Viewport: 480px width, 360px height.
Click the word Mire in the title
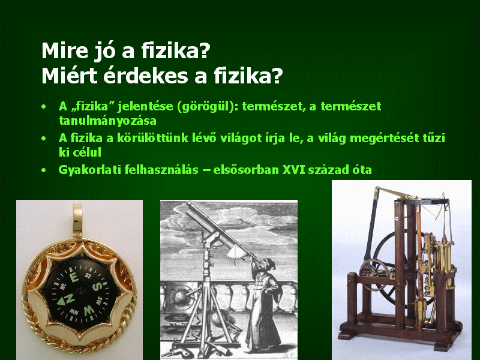[65, 51]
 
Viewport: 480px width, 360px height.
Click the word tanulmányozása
[108, 121]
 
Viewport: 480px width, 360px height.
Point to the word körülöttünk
[152, 138]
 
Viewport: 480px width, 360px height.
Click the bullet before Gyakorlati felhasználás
[44, 170]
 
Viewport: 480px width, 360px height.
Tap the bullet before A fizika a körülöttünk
[44, 139]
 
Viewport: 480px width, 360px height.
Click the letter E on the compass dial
[74, 278]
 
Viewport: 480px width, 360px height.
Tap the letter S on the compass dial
[97, 287]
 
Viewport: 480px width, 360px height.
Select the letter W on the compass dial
[89, 310]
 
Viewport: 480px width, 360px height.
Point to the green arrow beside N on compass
[61, 302]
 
